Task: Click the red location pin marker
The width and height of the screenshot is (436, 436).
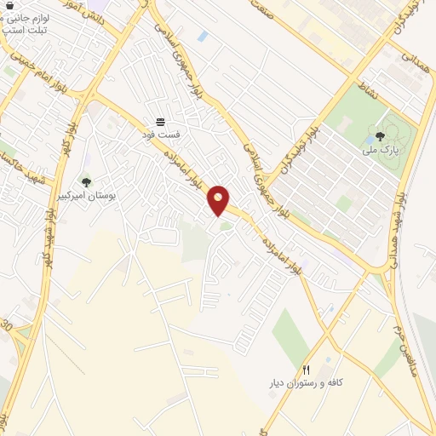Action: tap(219, 199)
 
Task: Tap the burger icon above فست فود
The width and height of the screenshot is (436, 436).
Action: tap(160, 122)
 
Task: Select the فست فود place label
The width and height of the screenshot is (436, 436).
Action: tap(160, 134)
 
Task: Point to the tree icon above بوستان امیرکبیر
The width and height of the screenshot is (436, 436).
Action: tap(86, 181)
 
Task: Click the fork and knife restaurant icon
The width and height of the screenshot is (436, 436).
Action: tap(306, 369)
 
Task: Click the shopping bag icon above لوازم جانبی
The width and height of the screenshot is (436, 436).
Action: tap(9, 4)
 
